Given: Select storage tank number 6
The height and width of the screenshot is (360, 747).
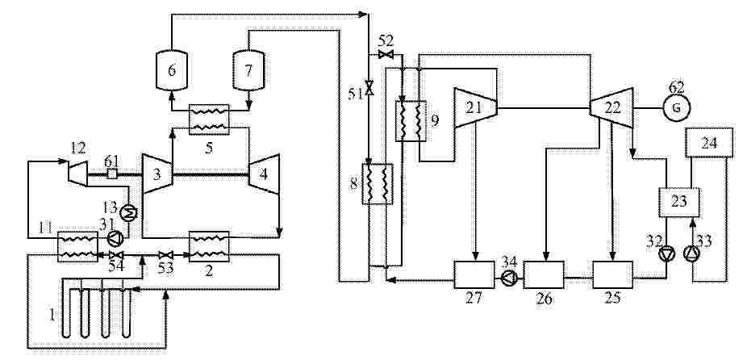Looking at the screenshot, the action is (172, 70).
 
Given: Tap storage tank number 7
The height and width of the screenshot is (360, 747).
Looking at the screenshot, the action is (248, 70).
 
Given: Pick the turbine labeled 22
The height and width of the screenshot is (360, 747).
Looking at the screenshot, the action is (611, 108).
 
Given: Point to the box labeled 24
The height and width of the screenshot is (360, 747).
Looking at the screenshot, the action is (709, 143).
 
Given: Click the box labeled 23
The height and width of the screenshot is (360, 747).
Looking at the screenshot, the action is (679, 202).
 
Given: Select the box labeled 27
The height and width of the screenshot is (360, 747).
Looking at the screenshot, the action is (474, 274).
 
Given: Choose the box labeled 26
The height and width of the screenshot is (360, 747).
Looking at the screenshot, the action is (544, 274).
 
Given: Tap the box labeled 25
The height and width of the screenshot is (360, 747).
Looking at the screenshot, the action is (612, 274).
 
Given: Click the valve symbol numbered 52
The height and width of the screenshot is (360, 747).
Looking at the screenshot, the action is (386, 54).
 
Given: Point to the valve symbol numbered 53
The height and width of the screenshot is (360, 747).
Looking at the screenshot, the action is (166, 255).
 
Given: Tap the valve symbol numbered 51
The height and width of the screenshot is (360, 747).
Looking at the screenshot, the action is (369, 90).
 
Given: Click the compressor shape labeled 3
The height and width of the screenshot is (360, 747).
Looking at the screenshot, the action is (157, 174).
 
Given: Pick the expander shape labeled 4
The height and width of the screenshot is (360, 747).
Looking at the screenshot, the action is (264, 174).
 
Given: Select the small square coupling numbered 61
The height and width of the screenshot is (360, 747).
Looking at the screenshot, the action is (112, 174).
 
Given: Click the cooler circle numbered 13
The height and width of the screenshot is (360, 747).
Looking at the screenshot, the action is (128, 212).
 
